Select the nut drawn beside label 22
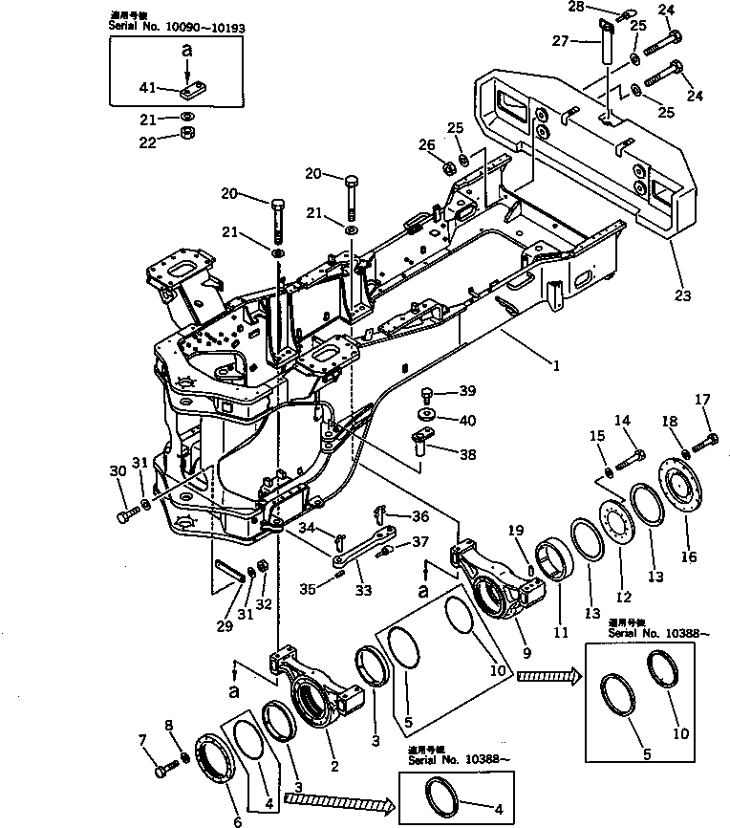[x=189, y=132]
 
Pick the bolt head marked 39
[x=427, y=392]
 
